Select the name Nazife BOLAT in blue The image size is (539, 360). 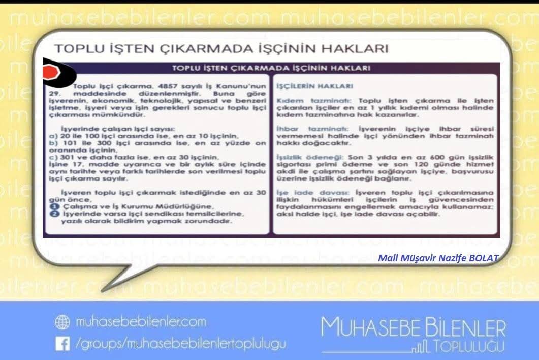point(471,258)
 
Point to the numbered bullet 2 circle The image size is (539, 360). point(52,214)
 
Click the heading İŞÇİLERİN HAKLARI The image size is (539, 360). point(307,87)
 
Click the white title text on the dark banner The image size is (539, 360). point(271,67)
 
